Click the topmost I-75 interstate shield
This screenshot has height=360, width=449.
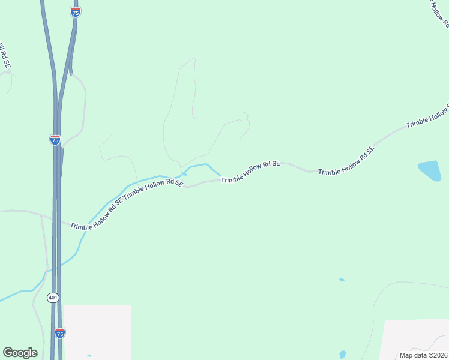click(76, 11)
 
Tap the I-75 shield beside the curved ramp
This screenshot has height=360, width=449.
click(55, 139)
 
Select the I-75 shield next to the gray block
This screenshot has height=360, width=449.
click(59, 332)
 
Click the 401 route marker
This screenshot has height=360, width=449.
click(53, 297)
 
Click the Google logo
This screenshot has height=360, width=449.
click(20, 353)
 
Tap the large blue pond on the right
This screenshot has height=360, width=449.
click(429, 170)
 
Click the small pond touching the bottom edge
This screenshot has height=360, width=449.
click(342, 355)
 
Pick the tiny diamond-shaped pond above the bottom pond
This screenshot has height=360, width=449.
click(342, 280)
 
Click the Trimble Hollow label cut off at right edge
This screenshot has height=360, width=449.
click(427, 115)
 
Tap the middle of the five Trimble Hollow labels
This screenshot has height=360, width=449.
click(250, 172)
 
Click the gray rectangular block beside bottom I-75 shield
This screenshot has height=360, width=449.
click(97, 332)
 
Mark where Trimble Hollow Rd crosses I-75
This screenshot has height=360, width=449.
click(56, 220)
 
